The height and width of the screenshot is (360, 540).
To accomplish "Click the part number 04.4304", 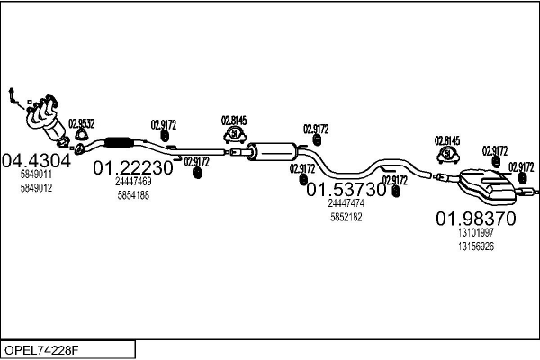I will tap(36, 161).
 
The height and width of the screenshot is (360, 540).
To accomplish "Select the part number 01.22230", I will tap(133, 167).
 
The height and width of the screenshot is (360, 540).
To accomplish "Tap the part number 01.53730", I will tap(346, 190).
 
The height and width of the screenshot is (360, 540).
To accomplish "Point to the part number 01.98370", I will tap(476, 219).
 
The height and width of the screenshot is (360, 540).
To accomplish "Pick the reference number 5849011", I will tap(36, 175).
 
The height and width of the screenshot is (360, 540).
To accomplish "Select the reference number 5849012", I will tap(36, 188).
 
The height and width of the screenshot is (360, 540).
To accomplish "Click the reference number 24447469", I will tap(133, 181).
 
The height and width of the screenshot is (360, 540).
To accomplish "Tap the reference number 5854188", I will tap(133, 194).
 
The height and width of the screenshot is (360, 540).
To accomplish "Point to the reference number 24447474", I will tap(346, 203).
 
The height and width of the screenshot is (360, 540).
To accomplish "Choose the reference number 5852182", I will tap(346, 217).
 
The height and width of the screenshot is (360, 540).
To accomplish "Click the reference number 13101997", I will tap(476, 233).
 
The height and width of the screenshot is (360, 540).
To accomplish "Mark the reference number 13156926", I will tap(476, 246).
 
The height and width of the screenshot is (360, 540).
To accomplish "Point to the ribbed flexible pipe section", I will tap(119, 141).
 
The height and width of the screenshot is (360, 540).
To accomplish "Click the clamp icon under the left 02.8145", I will tap(234, 135).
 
